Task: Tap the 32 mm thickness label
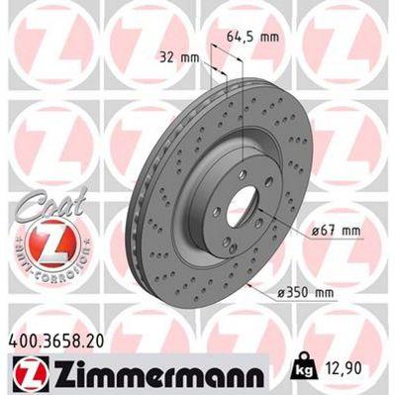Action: point(179,57)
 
